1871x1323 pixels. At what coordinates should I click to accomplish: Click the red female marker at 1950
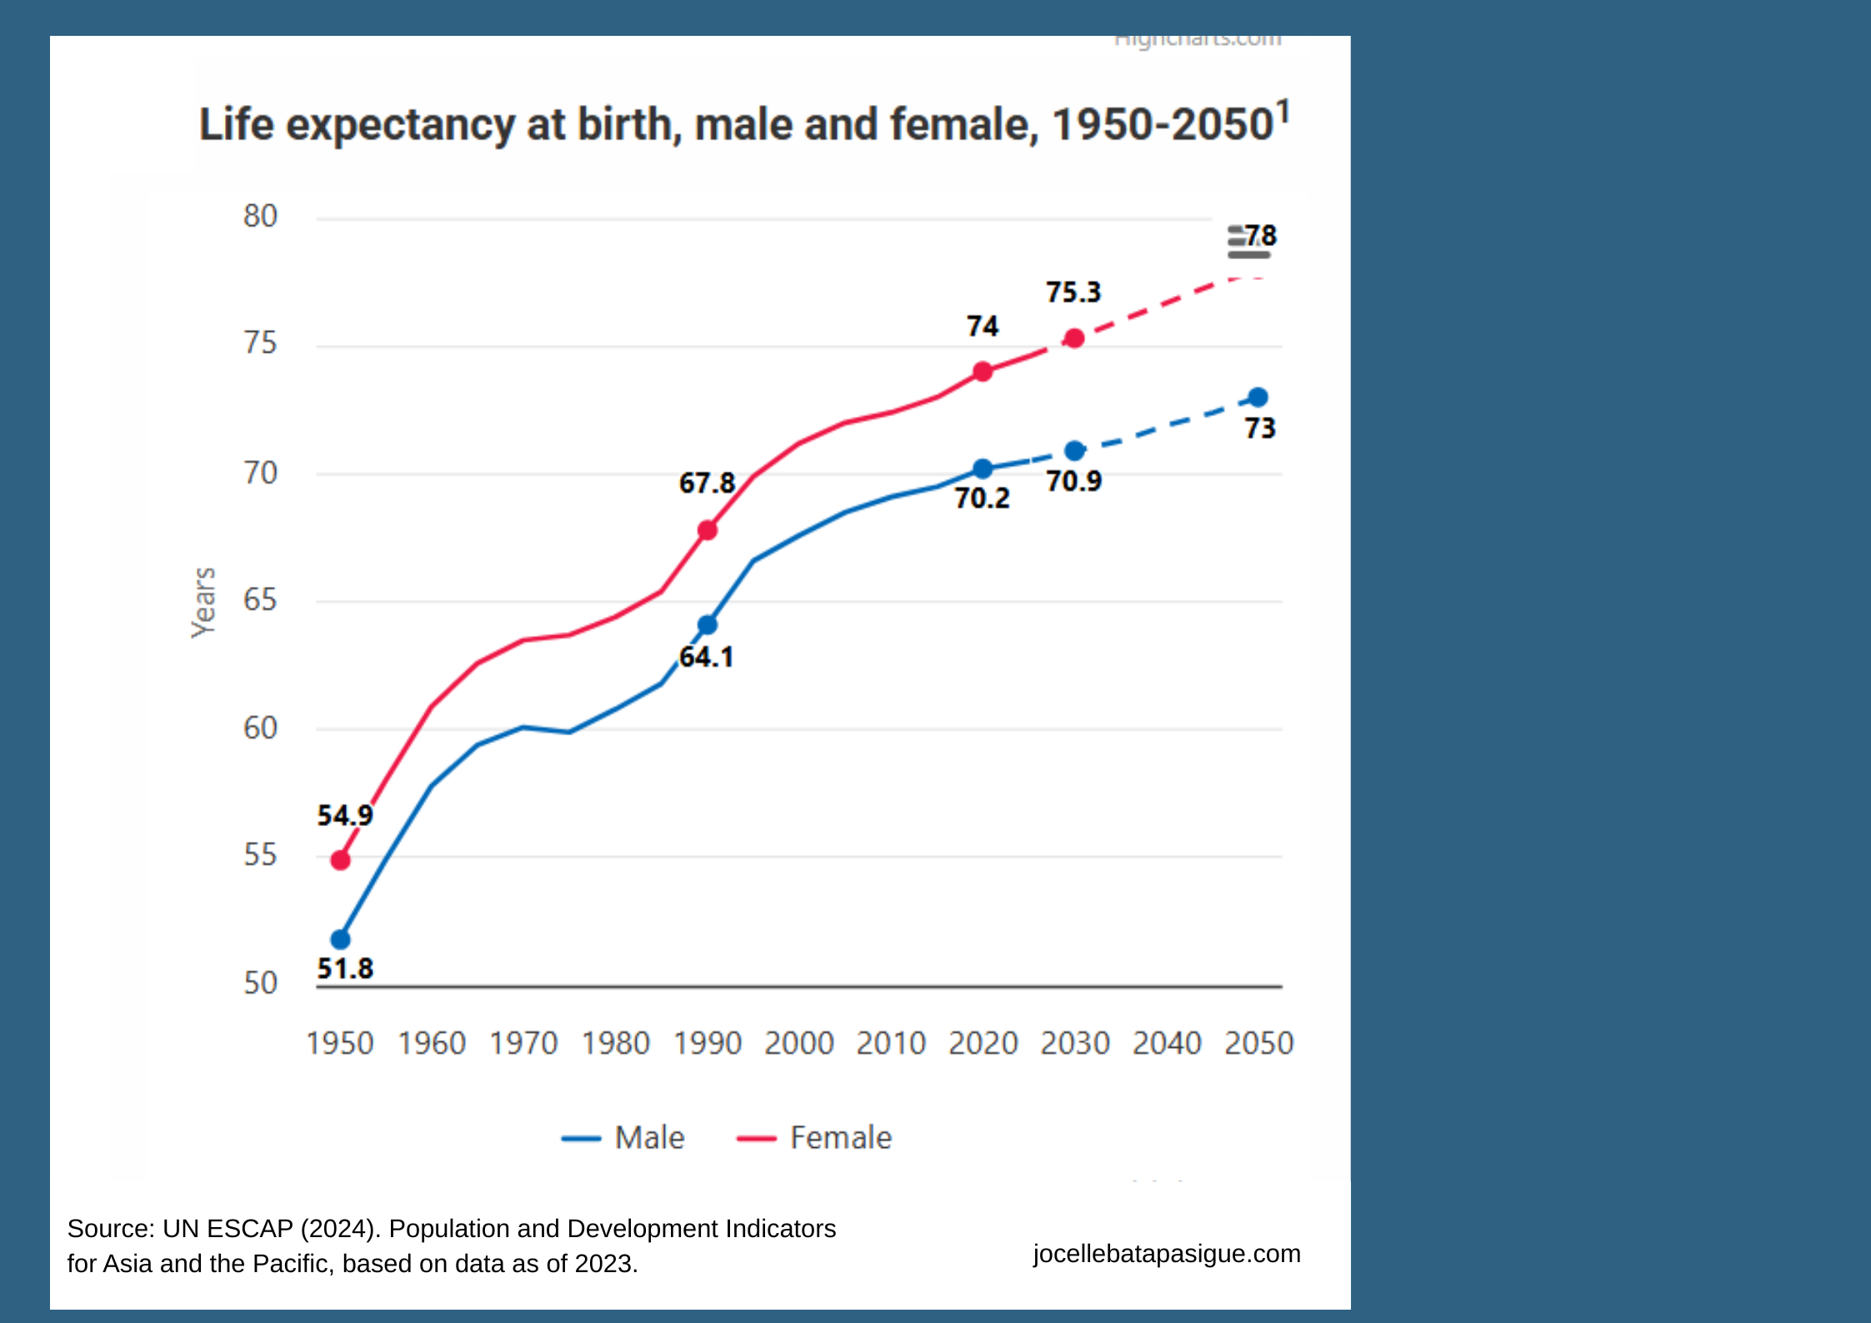pos(340,859)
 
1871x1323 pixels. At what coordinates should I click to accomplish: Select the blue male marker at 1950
pos(340,940)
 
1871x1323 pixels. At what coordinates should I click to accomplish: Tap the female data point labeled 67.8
pos(708,530)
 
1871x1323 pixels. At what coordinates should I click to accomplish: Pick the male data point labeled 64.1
pos(708,624)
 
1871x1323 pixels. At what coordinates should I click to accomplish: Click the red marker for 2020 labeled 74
pos(983,371)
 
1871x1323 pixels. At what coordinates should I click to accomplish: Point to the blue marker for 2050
pos(1258,397)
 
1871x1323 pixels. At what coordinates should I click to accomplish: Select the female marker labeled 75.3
pos(1074,338)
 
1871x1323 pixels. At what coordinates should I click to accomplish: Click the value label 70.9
pos(1073,481)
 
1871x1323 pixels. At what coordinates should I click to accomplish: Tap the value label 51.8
pos(345,969)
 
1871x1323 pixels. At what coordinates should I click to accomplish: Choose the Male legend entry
pos(625,1138)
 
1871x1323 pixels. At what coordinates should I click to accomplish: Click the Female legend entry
pos(815,1138)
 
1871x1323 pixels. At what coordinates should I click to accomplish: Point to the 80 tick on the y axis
pos(260,216)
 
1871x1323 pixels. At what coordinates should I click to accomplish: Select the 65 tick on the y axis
pos(260,599)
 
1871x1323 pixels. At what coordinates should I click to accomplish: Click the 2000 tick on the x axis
pos(798,1043)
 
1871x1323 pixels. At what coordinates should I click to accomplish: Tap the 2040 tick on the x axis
pos(1166,1043)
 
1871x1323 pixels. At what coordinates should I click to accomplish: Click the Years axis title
pos(203,602)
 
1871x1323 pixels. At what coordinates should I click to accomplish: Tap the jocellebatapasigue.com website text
pos(1166,1253)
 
